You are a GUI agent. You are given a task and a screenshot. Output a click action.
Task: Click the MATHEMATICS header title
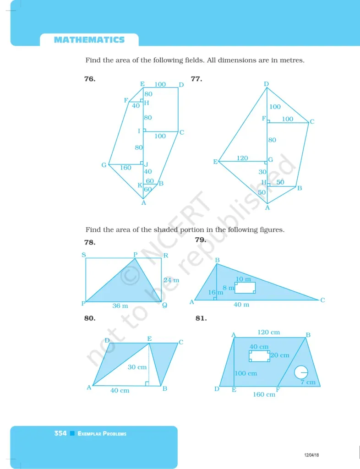[89, 40]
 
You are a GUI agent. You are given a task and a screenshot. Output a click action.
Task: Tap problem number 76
[90, 79]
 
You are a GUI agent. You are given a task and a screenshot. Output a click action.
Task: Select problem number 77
[196, 79]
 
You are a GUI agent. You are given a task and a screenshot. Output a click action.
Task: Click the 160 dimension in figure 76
[125, 168]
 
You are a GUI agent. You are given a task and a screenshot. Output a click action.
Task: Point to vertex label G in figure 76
[104, 165]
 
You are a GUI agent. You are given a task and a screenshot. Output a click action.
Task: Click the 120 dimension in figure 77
[242, 158]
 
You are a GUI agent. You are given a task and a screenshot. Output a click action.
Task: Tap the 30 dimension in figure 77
[262, 172]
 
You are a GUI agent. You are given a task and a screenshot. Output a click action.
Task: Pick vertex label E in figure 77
[215, 162]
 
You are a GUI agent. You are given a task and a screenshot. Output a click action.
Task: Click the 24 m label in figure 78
[171, 280]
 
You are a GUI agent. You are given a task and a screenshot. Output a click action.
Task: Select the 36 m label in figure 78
[120, 305]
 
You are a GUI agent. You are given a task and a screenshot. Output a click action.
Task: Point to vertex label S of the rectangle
[84, 255]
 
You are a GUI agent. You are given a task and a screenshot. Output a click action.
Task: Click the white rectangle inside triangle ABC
[245, 288]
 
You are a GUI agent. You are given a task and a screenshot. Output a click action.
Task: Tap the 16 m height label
[216, 292]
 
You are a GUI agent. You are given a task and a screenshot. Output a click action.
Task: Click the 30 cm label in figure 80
[137, 367]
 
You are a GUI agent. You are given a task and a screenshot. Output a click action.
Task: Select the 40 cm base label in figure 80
[120, 390]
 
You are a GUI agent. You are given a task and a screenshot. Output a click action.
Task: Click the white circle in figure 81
[301, 372]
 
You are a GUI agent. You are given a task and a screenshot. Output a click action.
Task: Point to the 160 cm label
[264, 394]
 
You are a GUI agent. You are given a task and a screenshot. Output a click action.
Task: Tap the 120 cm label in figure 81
[269, 333]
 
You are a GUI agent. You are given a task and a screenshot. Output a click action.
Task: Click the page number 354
[60, 433]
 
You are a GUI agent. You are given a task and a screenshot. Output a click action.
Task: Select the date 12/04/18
[311, 455]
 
